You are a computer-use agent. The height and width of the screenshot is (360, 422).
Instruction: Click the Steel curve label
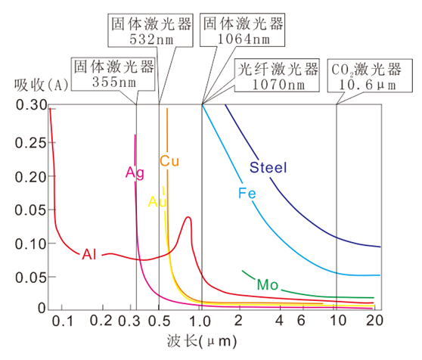coord(268,167)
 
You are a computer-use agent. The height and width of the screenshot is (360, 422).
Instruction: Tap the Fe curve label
coord(247,194)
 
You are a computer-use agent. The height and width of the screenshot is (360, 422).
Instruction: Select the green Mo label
coord(268,284)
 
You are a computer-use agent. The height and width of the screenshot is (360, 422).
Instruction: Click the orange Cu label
coord(169,161)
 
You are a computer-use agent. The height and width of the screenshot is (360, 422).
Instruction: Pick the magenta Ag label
coord(135,172)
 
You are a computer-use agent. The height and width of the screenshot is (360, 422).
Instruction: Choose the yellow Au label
coord(157,202)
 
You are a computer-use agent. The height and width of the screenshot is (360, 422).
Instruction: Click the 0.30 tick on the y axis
coord(28,106)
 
